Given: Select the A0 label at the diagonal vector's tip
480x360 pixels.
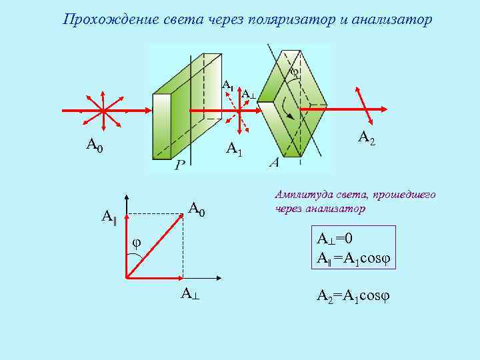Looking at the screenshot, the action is tap(197, 209).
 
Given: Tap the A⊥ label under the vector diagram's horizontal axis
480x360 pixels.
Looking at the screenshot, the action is tap(189, 294).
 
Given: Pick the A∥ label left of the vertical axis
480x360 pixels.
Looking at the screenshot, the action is tap(109, 216).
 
